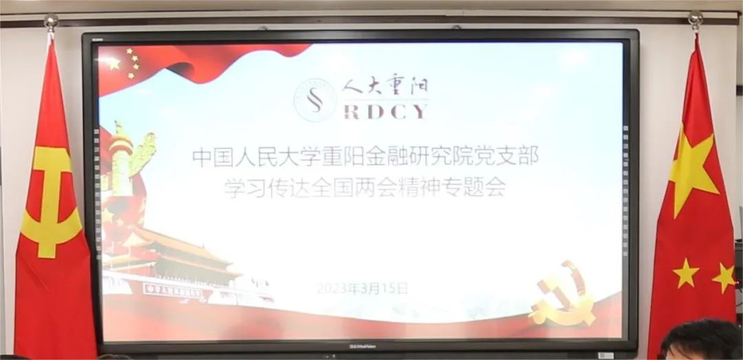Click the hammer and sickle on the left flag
click(50, 200)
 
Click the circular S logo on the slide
click(314, 100)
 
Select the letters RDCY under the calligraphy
click(385, 112)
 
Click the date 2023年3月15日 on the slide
click(363, 289)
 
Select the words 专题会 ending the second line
click(477, 187)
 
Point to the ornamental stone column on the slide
click(124, 165)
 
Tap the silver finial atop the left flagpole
click(50, 22)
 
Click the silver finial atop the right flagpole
click(696, 19)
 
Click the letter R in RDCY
click(351, 112)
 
